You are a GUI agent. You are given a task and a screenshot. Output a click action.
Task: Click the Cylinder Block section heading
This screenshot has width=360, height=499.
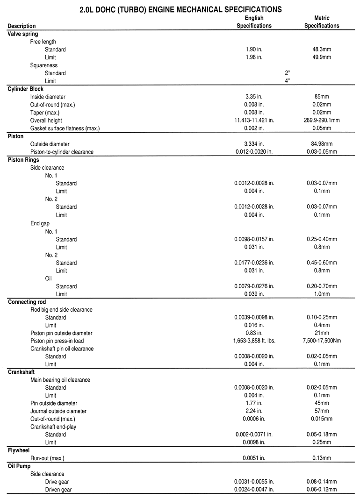coord(26,89)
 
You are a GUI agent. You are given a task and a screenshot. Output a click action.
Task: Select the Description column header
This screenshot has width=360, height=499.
coord(22,26)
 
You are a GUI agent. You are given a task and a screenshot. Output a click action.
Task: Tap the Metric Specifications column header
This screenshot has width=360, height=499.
coord(322,22)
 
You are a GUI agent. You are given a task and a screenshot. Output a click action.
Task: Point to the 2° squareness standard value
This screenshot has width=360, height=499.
coord(288,73)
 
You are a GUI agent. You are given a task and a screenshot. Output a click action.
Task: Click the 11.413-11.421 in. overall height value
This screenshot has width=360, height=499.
coord(254,121)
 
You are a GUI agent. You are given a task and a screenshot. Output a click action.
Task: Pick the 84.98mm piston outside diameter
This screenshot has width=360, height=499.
coord(322,144)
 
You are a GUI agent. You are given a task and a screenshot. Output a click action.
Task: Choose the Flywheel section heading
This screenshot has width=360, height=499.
coord(19,450)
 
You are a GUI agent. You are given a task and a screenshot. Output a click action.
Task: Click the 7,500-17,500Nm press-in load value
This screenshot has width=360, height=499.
coord(322,341)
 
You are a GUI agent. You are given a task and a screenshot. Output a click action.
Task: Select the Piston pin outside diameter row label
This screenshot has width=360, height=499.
coord(61,333)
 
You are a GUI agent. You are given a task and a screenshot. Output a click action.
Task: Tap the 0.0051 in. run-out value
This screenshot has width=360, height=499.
coord(254,458)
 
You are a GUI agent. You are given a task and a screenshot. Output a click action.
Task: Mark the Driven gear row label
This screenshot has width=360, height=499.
coord(58,490)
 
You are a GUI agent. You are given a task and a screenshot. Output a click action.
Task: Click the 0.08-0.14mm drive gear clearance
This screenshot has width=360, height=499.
coord(322,482)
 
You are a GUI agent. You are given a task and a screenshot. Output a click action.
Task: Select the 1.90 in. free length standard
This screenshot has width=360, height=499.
coord(254,50)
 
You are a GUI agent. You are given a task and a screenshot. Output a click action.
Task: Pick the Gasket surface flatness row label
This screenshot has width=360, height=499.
coord(65,128)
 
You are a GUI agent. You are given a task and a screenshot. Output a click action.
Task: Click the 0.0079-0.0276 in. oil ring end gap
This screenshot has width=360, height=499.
coord(254,286)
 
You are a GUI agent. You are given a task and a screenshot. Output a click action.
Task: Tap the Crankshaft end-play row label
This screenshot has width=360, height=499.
coord(53,427)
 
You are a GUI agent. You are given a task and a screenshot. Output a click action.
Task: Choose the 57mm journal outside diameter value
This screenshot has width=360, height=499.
coord(322,411)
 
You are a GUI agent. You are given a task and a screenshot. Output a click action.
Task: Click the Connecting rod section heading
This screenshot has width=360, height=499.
coord(27,302)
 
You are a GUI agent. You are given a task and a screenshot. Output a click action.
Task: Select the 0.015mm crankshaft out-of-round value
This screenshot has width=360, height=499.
coord(322,419)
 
